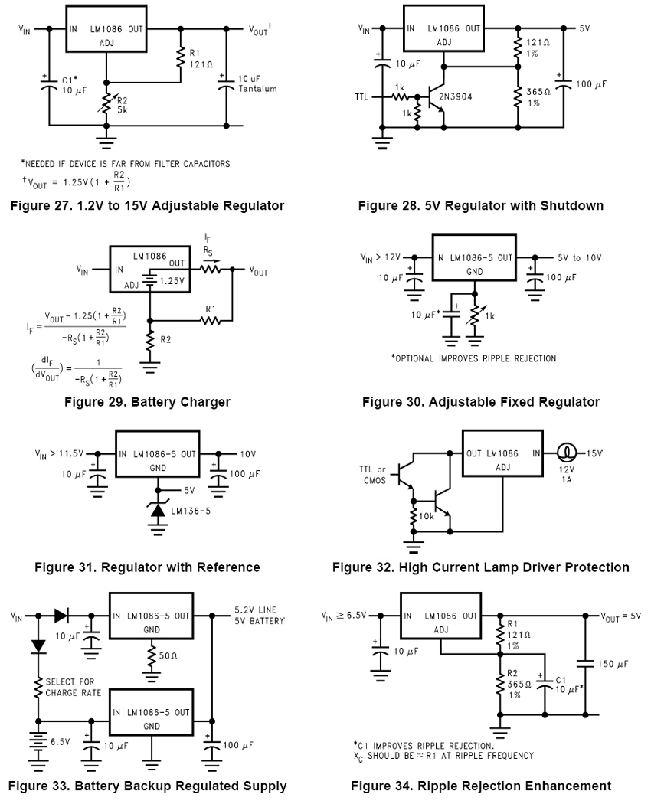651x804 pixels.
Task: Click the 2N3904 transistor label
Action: pos(455,96)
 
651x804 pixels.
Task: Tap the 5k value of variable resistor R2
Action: pos(122,110)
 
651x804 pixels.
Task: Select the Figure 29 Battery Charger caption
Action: pos(147,402)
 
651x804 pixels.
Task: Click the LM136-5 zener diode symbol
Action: pos(158,510)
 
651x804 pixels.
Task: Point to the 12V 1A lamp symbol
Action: pos(566,453)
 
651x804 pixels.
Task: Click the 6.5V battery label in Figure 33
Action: pos(60,741)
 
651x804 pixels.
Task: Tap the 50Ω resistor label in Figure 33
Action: pos(168,655)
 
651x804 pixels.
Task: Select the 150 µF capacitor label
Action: pos(613,664)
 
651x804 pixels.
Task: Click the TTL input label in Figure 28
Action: pos(361,97)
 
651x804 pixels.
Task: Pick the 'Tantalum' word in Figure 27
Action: pos(257,89)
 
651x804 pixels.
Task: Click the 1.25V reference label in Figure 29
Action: pos(172,282)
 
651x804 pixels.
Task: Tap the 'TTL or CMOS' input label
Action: pos(372,475)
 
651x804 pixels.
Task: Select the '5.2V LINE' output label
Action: pos(256,610)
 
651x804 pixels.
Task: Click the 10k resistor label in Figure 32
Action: pos(427,516)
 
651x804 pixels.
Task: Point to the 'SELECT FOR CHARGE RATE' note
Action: pos(74,687)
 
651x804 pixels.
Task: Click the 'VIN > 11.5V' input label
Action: pos(59,454)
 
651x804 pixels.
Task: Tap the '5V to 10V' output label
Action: pos(580,258)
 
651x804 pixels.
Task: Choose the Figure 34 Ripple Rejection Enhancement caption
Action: pos(481,786)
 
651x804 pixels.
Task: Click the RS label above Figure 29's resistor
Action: pos(208,250)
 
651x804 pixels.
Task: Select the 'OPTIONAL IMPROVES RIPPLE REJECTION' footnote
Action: pos(473,358)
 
